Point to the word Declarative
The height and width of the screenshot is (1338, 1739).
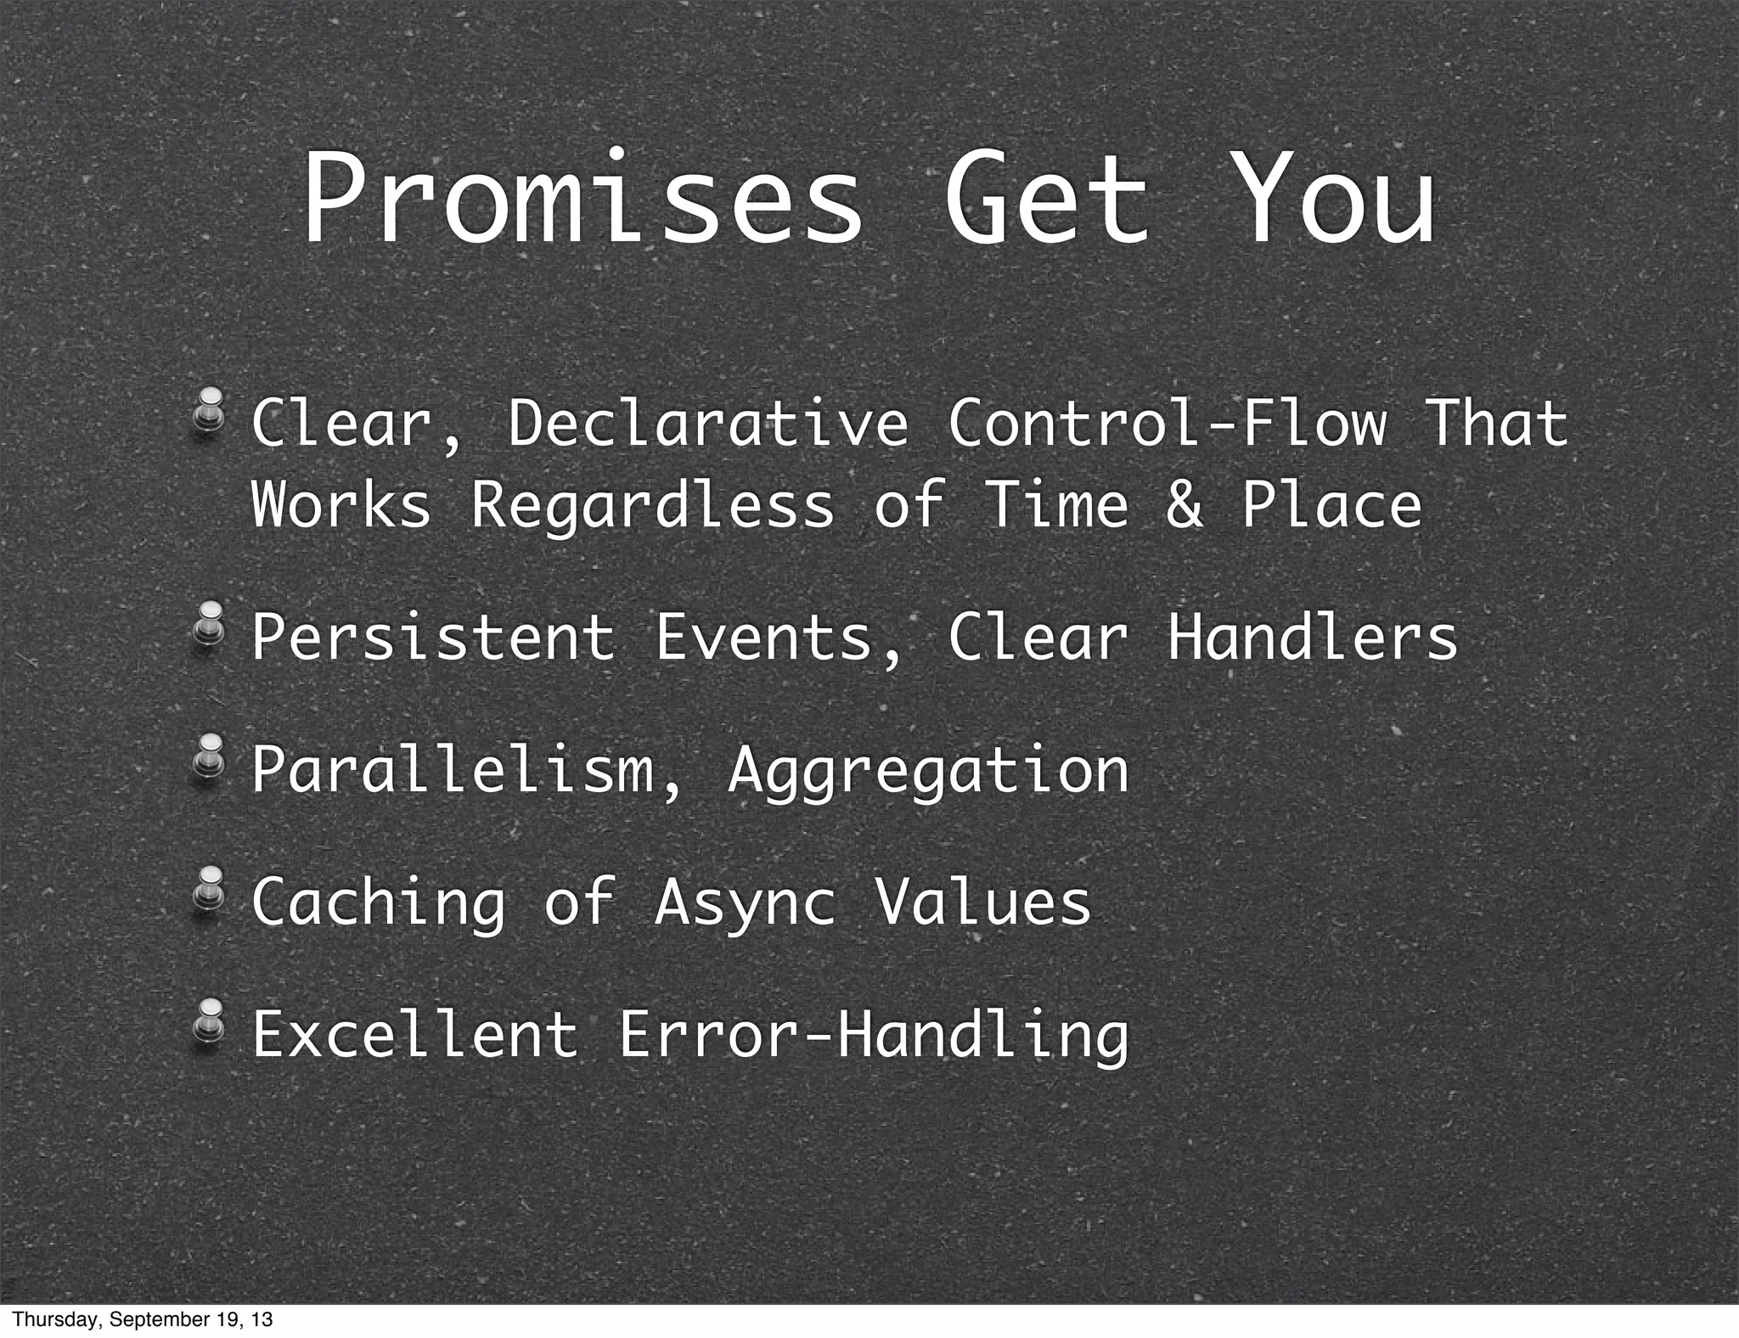point(708,423)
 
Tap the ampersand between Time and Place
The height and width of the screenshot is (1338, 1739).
point(1184,504)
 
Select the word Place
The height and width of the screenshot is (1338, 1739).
point(1331,504)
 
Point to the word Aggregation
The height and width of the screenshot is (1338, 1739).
point(928,771)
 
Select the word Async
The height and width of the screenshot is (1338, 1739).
point(745,903)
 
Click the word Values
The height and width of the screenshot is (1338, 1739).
point(982,902)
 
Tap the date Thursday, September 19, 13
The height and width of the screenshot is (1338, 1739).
point(143,1319)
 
